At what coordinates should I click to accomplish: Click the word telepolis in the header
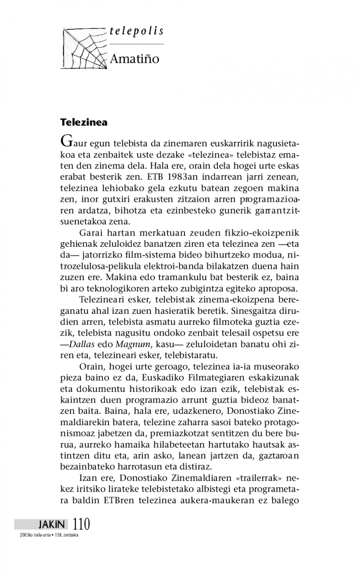pos(136,32)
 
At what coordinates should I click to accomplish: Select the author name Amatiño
pos(135,59)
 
